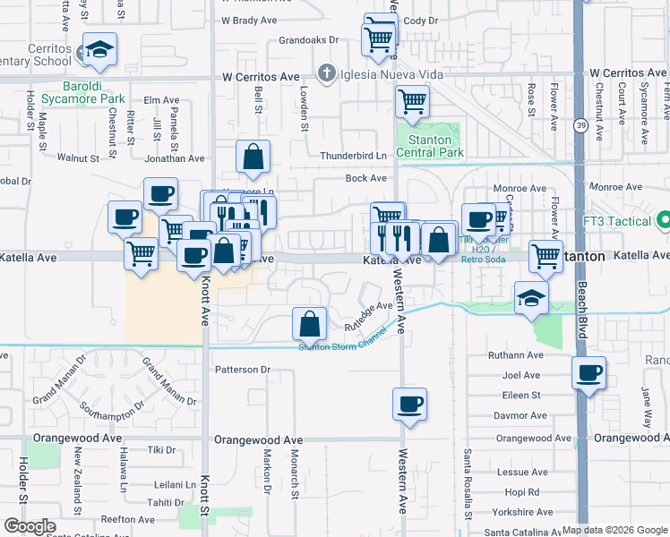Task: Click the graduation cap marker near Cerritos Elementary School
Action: (100, 50)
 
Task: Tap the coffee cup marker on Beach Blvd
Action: (589, 373)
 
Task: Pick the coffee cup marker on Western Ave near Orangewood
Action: (410, 404)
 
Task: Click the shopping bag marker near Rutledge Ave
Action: (309, 323)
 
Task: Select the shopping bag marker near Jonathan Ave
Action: (254, 157)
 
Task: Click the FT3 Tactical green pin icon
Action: (664, 219)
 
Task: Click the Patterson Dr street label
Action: (242, 369)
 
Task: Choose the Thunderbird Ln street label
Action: (353, 156)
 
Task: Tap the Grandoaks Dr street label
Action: (308, 40)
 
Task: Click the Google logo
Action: (30, 526)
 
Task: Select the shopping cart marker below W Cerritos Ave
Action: (412, 101)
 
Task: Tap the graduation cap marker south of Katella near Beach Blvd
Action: (531, 299)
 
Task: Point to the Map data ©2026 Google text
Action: (614, 530)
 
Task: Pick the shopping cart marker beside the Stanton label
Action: (545, 256)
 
